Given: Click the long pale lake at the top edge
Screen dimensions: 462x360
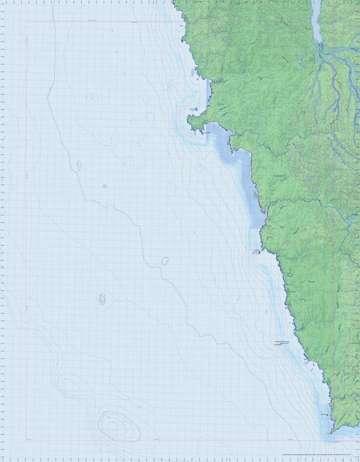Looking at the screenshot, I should (x=316, y=22).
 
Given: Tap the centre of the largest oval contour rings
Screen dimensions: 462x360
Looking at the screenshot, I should (x=113, y=425).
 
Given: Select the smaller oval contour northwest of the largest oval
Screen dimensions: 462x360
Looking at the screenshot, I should (x=69, y=385).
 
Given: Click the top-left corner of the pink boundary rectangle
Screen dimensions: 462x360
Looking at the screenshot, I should (x=26, y=21).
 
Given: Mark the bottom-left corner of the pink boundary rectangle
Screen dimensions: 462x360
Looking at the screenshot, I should (x=26, y=440).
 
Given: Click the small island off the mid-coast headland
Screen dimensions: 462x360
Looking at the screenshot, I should (x=255, y=252).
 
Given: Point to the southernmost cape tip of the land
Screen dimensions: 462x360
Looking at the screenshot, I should (x=332, y=432).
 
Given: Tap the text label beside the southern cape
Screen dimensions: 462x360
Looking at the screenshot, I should (x=325, y=415).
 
